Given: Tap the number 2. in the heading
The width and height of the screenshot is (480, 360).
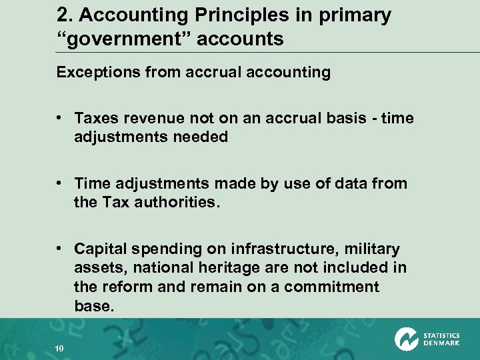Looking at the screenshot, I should tap(65, 16).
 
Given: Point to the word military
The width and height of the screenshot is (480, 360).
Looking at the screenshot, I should tap(369, 249).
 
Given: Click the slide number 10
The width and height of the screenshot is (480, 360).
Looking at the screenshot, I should tap(59, 347).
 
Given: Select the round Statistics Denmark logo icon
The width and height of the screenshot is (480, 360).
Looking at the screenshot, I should tap(406, 339).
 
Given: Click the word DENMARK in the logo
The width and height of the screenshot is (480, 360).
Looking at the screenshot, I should tap(441, 344).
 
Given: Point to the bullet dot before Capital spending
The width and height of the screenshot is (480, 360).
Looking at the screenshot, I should tap(61, 249).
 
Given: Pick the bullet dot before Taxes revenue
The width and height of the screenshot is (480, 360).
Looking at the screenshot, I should tap(61, 118).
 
